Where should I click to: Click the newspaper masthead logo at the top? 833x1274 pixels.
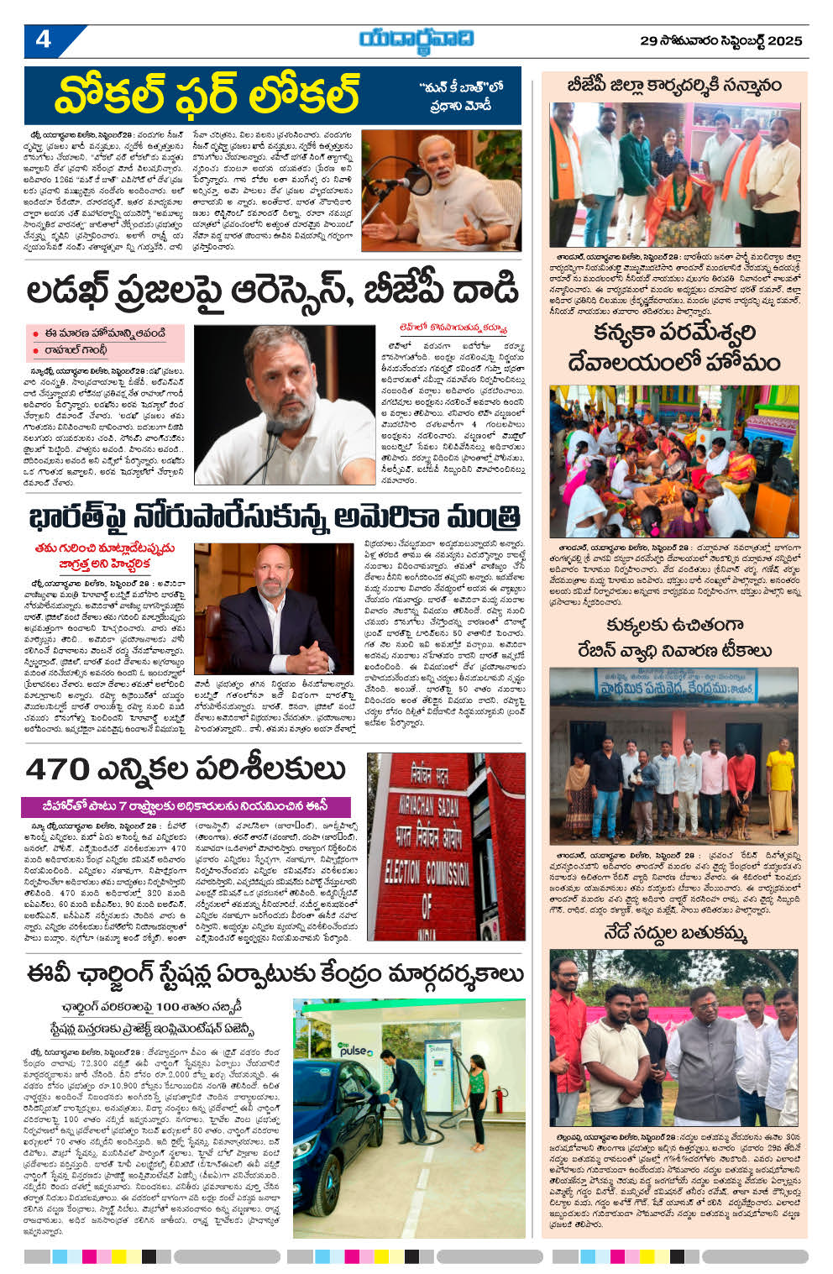[416, 39]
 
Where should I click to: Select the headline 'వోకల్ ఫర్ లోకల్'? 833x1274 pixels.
[207, 94]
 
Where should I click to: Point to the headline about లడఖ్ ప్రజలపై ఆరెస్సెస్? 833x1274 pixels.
[273, 291]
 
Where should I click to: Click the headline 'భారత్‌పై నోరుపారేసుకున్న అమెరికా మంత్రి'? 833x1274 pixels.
[273, 516]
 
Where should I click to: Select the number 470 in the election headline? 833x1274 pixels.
[57, 768]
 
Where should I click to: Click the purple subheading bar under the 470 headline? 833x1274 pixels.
[185, 805]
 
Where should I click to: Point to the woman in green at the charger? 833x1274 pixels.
[476, 1096]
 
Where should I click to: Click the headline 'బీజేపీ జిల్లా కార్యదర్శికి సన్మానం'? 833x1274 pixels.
[673, 86]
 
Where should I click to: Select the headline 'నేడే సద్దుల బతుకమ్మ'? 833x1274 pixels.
[674, 933]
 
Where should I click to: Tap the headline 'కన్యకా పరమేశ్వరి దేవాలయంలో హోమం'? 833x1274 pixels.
[674, 348]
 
